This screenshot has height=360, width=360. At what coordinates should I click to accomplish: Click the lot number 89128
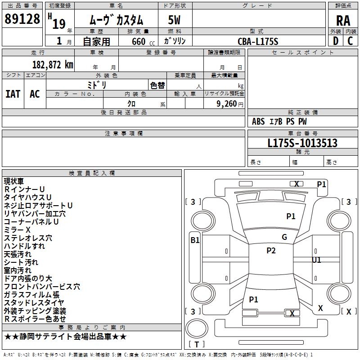coord(22,19)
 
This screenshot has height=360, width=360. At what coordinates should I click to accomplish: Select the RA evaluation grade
coord(343,21)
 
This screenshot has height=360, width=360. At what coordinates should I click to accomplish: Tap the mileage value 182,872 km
coord(53,65)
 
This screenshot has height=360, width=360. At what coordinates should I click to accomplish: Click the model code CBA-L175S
coord(258,41)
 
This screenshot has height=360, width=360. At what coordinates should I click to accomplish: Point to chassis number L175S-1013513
coord(302,143)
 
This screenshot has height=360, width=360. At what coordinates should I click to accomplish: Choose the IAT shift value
coord(13,94)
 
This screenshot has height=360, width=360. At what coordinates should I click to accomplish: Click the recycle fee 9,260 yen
coord(230,104)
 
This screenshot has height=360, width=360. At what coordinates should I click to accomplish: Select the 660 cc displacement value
coord(143,41)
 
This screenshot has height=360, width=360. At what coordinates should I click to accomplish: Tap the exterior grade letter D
coord(336,41)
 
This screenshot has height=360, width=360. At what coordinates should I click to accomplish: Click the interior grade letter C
coord(350,41)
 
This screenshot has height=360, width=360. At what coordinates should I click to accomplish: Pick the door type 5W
coord(174,20)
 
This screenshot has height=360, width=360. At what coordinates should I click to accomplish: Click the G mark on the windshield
coord(284,237)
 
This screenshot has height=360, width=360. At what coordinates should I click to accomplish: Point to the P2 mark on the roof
coord(271,251)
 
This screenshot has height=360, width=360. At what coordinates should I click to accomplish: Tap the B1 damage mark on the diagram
coord(195,240)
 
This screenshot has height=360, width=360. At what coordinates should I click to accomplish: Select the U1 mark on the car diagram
coord(316,260)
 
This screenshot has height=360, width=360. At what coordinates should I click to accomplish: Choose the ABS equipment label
coord(258,121)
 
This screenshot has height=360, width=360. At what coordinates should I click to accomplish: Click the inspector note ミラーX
coord(17,230)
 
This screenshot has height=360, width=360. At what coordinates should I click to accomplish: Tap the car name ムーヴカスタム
coord(117,20)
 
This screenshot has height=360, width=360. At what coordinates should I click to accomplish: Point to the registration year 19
coord(59,24)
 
